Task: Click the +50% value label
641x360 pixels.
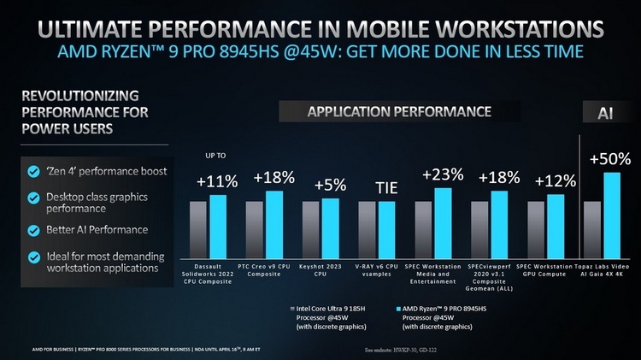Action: point(610,159)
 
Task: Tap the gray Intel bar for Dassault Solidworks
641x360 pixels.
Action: point(197,230)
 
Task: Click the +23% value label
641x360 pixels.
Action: point(443,174)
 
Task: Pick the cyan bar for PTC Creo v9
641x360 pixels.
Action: point(273,224)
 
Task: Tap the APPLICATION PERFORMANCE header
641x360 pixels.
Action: point(399,112)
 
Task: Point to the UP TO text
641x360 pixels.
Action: point(215,156)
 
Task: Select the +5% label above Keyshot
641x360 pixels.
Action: point(330,185)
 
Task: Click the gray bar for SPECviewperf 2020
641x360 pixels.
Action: point(479,230)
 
